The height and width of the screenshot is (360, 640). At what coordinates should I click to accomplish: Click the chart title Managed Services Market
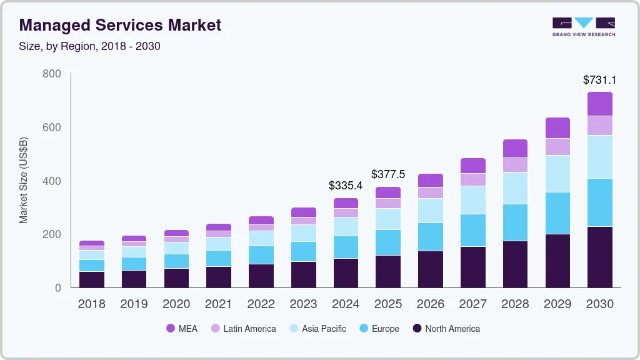click(120, 26)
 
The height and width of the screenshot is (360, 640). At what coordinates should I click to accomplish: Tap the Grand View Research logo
click(584, 26)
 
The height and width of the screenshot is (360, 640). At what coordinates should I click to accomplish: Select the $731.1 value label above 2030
click(599, 80)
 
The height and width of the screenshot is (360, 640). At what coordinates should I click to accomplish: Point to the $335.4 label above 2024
click(346, 186)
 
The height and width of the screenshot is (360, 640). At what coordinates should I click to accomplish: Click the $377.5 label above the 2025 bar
click(388, 174)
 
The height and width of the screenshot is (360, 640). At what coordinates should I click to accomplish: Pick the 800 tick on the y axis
click(52, 74)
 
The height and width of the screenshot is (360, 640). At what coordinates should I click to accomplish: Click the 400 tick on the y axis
click(52, 181)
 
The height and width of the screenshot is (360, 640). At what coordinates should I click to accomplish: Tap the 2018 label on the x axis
click(92, 304)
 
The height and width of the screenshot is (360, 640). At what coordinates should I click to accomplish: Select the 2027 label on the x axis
click(473, 304)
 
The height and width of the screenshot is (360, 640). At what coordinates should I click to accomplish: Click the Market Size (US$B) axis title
click(24, 181)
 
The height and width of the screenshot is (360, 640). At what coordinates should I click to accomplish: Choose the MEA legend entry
click(181, 329)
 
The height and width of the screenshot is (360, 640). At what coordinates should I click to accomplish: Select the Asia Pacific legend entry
click(317, 329)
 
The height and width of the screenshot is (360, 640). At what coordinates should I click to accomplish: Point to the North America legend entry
click(446, 329)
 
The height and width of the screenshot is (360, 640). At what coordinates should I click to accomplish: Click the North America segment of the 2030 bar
click(600, 257)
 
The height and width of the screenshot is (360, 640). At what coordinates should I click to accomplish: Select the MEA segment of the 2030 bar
click(600, 104)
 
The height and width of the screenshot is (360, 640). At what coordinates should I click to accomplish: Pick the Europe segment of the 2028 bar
click(516, 222)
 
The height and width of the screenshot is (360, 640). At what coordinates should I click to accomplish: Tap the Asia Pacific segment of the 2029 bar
click(557, 174)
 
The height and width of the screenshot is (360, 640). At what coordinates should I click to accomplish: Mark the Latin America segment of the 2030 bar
click(600, 126)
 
